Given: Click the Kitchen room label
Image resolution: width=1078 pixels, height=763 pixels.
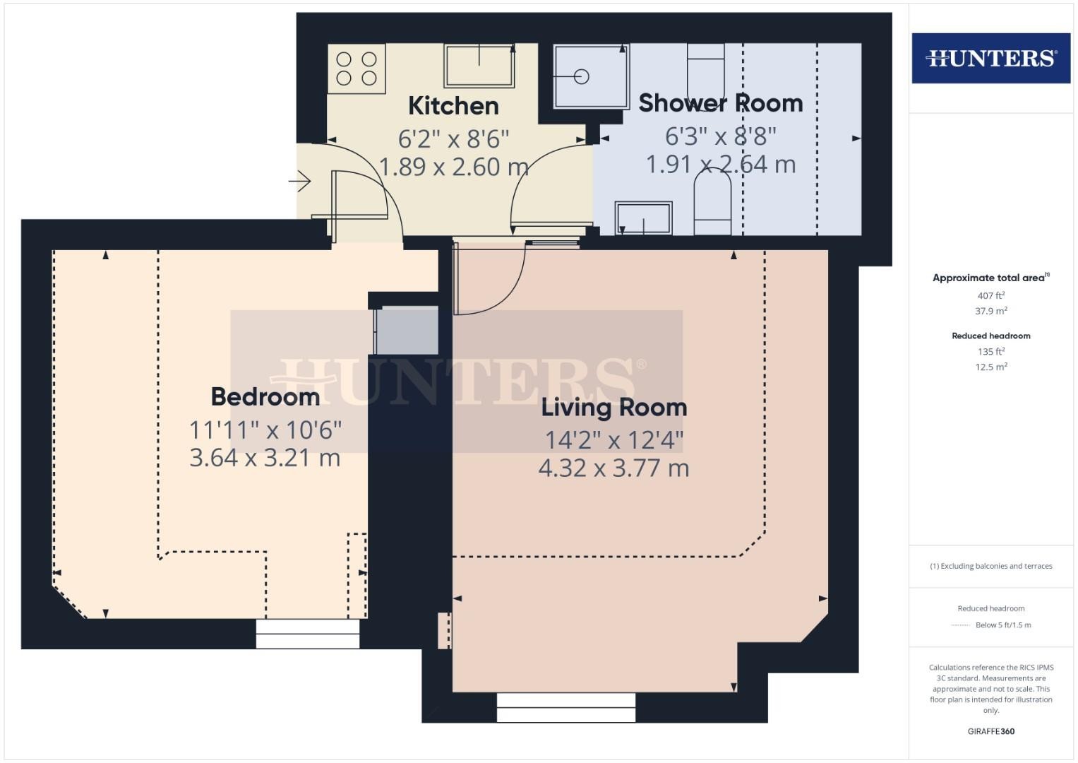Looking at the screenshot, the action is pos(453,105).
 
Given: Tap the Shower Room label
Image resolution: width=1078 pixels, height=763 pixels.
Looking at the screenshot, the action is pos(720,103).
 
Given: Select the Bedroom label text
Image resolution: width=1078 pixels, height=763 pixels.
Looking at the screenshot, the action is pos(265,397).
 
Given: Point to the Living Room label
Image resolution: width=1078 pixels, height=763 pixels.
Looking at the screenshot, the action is pos(614,408).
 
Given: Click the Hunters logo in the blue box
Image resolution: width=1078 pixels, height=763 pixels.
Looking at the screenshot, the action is pos(991,58).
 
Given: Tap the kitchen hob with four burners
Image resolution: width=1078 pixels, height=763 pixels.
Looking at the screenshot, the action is pos(357,69).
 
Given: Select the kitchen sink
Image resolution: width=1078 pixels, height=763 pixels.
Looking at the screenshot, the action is pos(479,66).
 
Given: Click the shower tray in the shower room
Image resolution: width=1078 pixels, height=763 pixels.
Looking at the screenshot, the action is pos(592,77).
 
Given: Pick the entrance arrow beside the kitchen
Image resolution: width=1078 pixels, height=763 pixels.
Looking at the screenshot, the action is pos(299,182).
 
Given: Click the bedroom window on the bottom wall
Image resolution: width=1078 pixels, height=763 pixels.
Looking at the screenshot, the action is pos(308,634).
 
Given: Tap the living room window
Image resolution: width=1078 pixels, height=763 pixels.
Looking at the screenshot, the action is pos(566,708).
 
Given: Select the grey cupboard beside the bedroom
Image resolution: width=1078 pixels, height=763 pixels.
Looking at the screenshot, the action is pos(407,331).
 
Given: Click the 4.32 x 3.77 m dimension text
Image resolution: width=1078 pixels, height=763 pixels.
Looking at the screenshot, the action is pos(614,468).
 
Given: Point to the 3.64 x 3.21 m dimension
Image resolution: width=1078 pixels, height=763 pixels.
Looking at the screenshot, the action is pos(265,457).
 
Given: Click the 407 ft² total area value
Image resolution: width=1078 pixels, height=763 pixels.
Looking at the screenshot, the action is pos(991,295).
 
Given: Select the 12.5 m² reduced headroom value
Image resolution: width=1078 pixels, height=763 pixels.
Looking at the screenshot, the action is pos(991,367).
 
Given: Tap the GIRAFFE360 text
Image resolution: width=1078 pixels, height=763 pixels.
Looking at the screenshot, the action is pos(991,731).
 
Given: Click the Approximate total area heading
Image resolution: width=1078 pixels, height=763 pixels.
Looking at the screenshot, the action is pos(991,278).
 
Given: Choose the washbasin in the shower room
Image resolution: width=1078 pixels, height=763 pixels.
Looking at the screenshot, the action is pos(643,218).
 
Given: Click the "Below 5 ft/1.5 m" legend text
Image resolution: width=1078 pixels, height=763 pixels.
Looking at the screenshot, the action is pos(1003,625).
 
